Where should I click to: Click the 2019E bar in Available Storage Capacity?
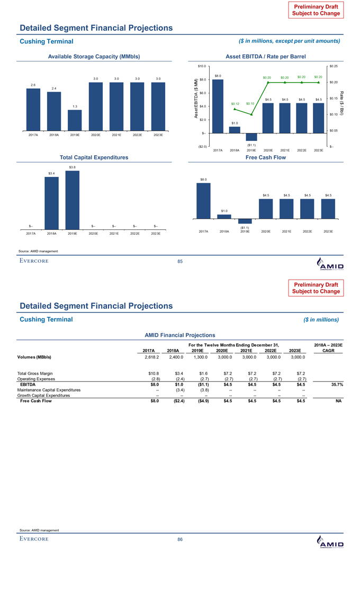75,120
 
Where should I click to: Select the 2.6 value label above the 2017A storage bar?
33,85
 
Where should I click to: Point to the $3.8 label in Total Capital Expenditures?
73,167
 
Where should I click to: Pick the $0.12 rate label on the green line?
236,103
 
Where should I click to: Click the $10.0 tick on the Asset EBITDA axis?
201,66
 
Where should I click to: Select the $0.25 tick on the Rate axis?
334,66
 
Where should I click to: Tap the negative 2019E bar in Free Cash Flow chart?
245,221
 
